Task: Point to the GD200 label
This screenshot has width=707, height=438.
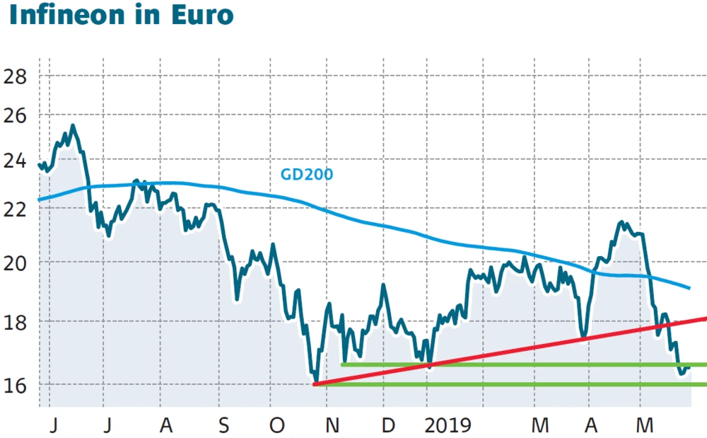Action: [x=307, y=174]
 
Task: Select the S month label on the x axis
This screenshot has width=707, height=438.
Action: [x=223, y=425]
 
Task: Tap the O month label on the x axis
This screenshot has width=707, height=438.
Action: [x=278, y=425]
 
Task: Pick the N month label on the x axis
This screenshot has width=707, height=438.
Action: [x=333, y=425]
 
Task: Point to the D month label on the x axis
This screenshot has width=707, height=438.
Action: [x=387, y=425]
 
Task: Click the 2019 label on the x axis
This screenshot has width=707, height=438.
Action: [x=448, y=425]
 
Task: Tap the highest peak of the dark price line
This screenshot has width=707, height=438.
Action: [x=73, y=127]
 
